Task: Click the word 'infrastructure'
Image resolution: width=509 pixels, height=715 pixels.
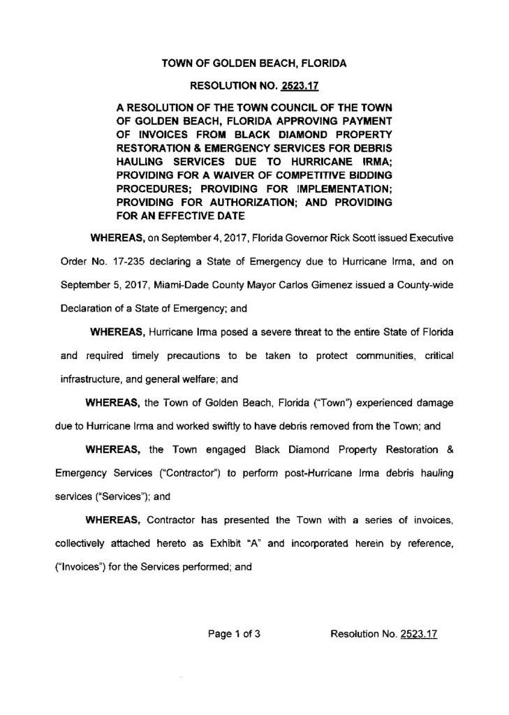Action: click(x=82, y=381)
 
